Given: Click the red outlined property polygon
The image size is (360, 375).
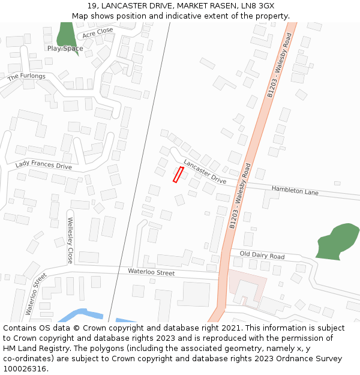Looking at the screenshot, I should click(178, 175).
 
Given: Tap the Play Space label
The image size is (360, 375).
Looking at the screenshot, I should click(65, 49).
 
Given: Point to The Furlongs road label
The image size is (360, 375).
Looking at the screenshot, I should click(26, 77).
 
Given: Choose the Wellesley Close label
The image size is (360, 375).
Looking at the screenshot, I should click(70, 240).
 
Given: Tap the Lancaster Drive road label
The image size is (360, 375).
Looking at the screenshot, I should click(205, 172).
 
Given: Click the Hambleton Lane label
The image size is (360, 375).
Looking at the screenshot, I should click(295, 191).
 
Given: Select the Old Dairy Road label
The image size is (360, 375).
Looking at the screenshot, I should click(262, 256).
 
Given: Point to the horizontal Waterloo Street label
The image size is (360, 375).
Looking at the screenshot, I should click(151, 272).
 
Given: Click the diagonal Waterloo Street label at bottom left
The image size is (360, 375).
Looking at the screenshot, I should click(36, 294).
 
